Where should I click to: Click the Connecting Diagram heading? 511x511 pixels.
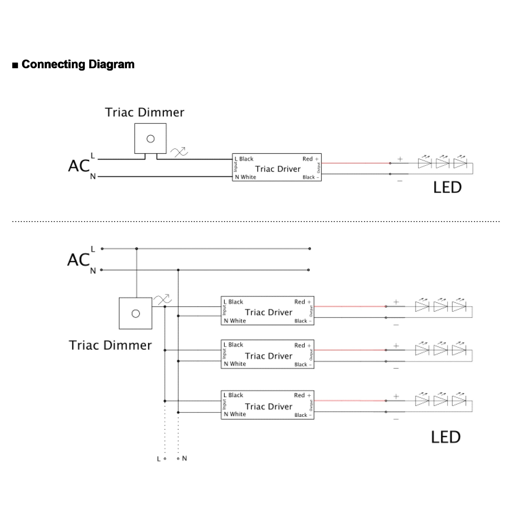tap(78, 64)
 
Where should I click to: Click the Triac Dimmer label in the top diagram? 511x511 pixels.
tap(144, 112)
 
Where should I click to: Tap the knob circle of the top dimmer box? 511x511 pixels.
tap(150, 139)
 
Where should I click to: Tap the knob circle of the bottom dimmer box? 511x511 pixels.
tap(136, 314)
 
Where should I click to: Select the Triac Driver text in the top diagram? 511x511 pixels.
tap(278, 169)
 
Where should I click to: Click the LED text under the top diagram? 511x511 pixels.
tap(447, 187)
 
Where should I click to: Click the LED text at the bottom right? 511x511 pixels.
tap(446, 437)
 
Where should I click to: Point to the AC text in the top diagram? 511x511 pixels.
tap(79, 166)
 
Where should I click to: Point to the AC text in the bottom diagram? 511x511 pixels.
tap(78, 260)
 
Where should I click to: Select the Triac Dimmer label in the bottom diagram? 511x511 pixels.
tap(110, 345)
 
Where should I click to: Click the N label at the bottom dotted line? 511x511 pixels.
tap(185, 458)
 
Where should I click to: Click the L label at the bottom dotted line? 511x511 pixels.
tap(159, 459)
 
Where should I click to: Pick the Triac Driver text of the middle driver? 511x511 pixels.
tap(269, 356)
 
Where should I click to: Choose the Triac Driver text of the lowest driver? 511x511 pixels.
tap(269, 406)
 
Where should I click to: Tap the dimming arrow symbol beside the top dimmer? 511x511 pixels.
tap(179, 152)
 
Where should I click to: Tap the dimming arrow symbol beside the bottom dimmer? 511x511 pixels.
tap(163, 300)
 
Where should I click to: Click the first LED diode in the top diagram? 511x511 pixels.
tap(424, 163)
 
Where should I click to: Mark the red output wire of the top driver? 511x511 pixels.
tap(355, 163)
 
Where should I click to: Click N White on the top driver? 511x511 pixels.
tap(246, 177)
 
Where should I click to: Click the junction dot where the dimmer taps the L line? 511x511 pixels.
tap(136, 249)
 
